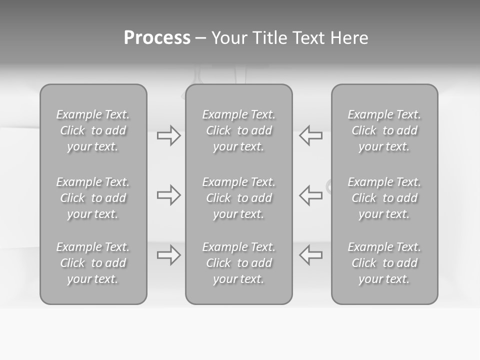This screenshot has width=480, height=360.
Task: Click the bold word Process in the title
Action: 157,38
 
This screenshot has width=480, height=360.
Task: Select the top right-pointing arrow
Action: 168,135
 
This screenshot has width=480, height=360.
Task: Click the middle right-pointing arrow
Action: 168,195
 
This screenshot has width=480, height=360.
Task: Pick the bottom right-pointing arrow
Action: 168,255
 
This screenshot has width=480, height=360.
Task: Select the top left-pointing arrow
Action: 311,135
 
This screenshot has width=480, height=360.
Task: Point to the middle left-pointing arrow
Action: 311,195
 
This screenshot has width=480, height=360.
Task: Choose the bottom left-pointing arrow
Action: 311,255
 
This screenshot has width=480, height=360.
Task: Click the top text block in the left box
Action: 93,130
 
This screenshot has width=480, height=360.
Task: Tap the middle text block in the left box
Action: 93,198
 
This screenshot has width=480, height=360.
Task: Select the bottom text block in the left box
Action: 93,263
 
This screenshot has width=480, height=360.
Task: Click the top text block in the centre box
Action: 238,130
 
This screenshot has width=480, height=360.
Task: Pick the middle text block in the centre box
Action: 238,198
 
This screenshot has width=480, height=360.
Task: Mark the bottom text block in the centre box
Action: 238,263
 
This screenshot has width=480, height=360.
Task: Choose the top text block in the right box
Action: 384,130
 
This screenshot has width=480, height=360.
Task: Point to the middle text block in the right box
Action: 384,198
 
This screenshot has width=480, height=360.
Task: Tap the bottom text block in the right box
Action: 384,263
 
